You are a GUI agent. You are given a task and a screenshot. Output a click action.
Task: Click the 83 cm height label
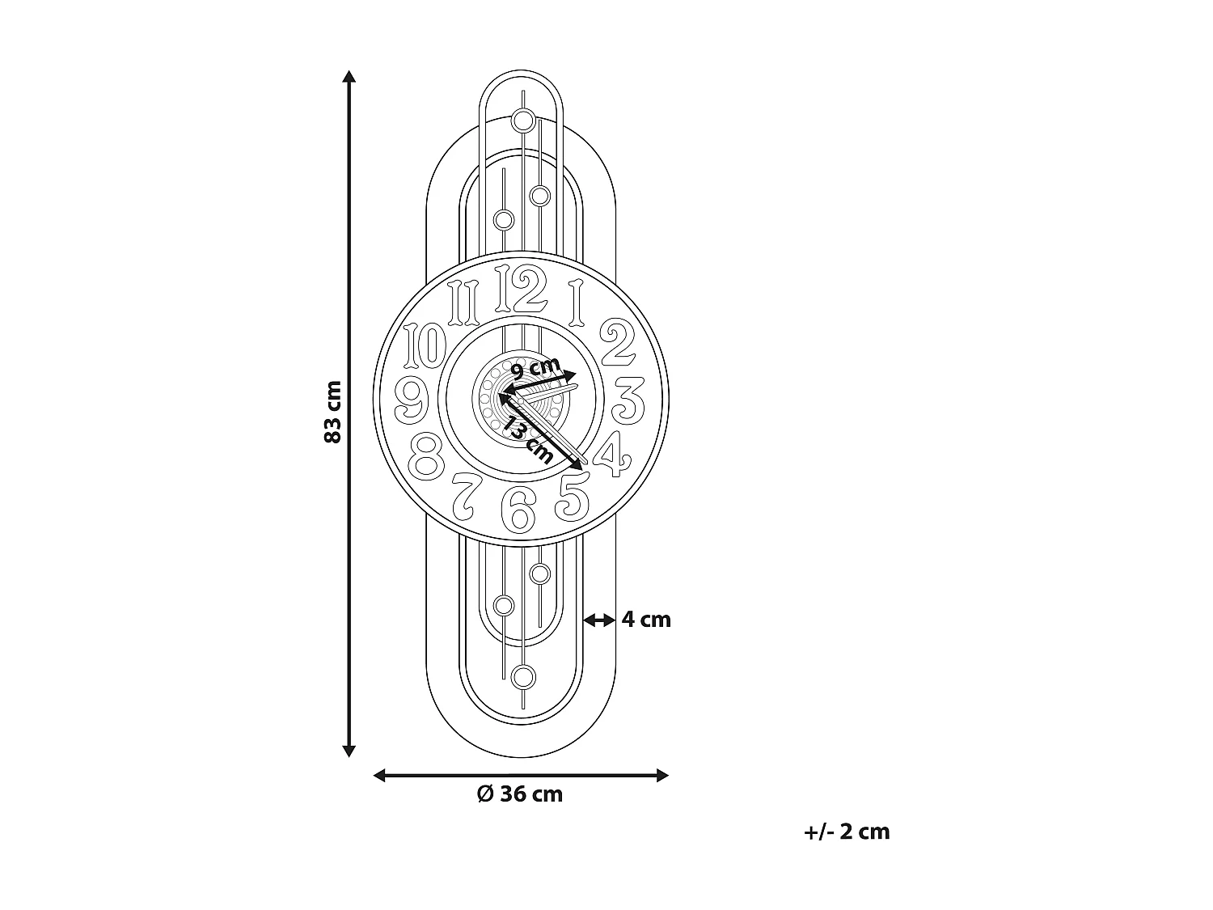[x=332, y=411]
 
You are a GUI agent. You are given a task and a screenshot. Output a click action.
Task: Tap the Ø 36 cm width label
[x=520, y=794]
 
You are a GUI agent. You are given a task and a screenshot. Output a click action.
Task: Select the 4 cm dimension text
[x=646, y=620]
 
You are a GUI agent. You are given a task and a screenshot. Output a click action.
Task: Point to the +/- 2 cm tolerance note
[x=847, y=832]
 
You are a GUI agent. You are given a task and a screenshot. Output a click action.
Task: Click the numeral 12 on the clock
[x=521, y=290]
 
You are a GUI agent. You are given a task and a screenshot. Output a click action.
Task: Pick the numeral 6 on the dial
[x=518, y=509]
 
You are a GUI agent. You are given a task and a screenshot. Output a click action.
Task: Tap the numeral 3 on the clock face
[x=628, y=400]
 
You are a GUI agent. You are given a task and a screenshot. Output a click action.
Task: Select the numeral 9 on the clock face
[x=412, y=399]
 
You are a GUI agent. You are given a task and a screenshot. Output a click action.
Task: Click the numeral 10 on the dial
[x=425, y=345]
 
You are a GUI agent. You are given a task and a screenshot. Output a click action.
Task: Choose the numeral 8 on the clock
[x=426, y=456]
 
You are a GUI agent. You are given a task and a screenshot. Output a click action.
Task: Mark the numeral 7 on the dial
[x=467, y=494]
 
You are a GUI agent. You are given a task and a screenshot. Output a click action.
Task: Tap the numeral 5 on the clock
[x=573, y=496]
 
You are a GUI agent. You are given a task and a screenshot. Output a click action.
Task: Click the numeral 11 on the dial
[x=465, y=301]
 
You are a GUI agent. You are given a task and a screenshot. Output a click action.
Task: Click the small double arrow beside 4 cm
[x=599, y=620]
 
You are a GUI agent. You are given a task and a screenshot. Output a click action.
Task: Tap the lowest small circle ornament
[x=524, y=676]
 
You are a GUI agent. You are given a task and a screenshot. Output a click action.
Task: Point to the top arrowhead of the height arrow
[x=349, y=77]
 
